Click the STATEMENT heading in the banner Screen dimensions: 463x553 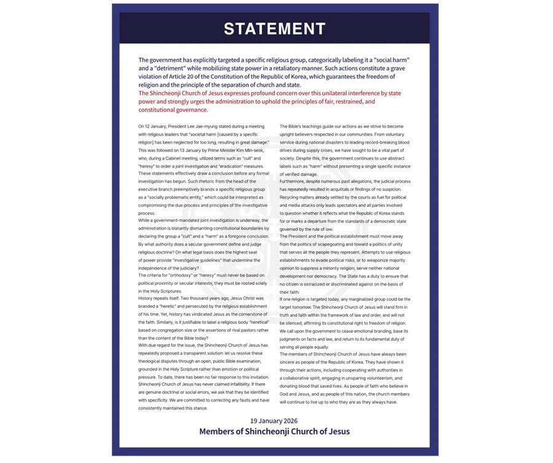tap(275, 28)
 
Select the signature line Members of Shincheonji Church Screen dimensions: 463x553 tap(274, 431)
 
